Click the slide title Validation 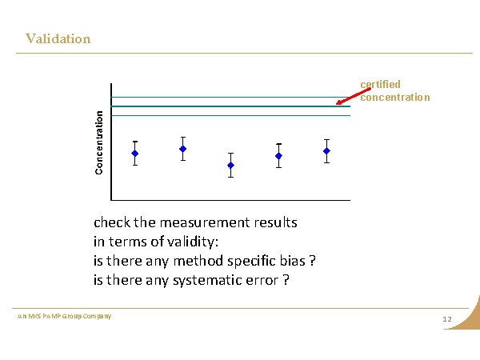(58, 38)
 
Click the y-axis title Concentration (99, 142)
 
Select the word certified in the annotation (380, 84)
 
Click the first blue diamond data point (135, 153)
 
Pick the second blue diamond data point (183, 149)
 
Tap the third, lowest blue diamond (230, 165)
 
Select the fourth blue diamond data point (278, 155)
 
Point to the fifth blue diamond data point (326, 150)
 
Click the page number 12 (447, 320)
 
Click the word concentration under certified (395, 98)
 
